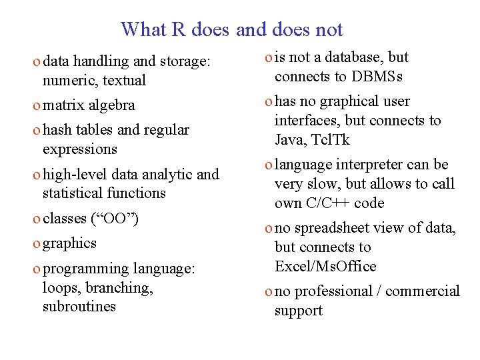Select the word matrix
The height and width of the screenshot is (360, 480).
[63, 105]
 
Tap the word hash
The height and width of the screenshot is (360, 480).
[57, 130]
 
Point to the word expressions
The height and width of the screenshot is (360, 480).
[79, 149]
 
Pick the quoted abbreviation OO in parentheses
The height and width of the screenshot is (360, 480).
[114, 219]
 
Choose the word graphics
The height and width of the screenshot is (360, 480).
[69, 243]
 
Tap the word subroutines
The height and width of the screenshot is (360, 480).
[79, 307]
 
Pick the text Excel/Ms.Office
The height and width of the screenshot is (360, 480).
[325, 267]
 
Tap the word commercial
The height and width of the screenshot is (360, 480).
[423, 291]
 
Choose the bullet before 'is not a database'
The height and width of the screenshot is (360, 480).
[267, 58]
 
